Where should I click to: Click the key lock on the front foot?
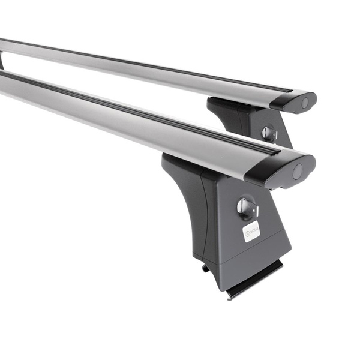[246, 207]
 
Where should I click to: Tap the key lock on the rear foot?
[269, 134]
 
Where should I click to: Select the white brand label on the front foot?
[251, 231]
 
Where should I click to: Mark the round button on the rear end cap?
[304, 103]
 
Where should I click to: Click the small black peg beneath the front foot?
[206, 268]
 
